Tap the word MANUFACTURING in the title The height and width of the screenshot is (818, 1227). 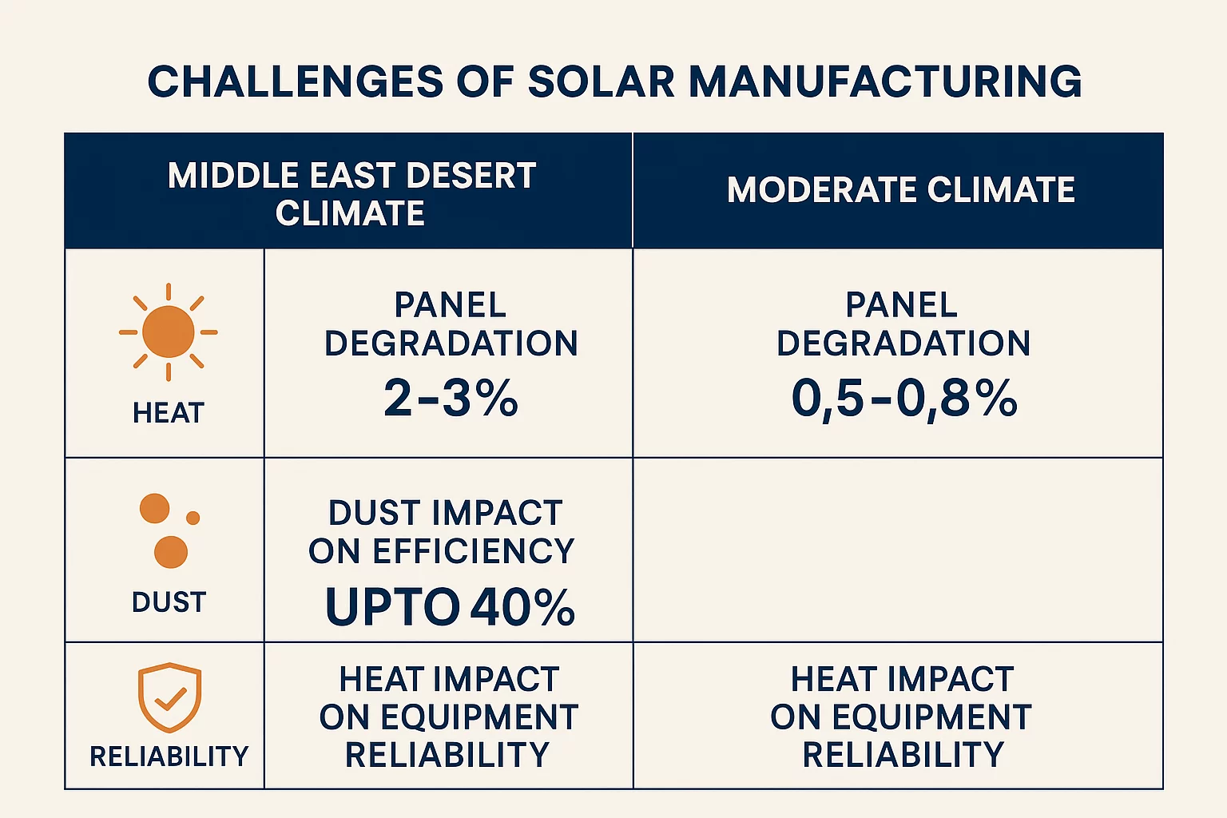point(885,82)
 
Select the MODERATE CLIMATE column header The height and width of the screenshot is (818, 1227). point(900,190)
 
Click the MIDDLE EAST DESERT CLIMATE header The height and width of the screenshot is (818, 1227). point(351,193)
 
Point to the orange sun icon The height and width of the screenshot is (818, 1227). point(169,332)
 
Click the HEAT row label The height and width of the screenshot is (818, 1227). point(169,413)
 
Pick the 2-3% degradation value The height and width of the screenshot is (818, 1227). point(451,398)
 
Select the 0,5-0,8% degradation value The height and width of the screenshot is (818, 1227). point(903,398)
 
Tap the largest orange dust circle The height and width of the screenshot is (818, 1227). point(171,552)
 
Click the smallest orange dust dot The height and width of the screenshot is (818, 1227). point(193,518)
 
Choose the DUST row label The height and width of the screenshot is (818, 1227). point(169,602)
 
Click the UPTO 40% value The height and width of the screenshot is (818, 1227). point(450,607)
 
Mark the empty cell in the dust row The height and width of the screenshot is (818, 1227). point(897,550)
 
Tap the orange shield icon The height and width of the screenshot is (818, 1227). point(169,697)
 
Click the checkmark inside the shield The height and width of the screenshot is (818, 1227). point(170,700)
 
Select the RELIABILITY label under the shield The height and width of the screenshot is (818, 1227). point(169,756)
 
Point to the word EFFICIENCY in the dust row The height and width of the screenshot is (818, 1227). point(474,551)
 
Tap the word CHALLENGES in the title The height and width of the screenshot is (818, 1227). point(295,82)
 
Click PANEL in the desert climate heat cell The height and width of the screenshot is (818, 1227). point(451,305)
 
